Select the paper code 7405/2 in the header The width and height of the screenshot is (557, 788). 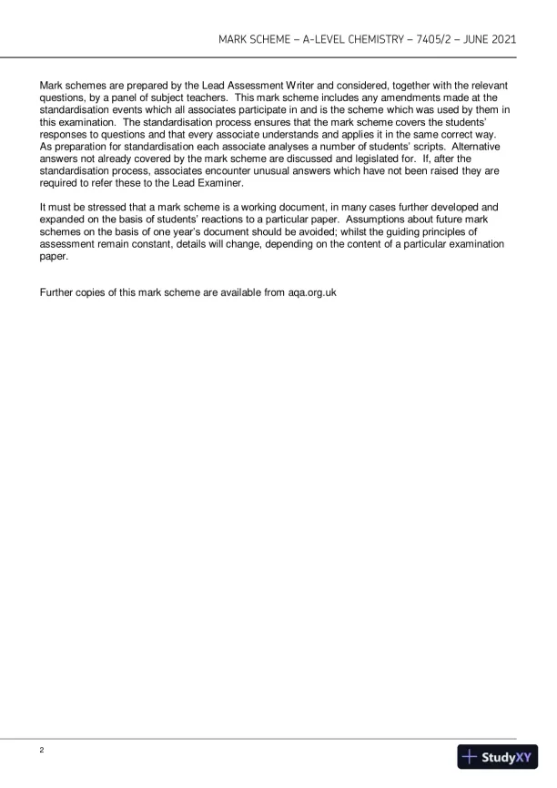(x=441, y=40)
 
